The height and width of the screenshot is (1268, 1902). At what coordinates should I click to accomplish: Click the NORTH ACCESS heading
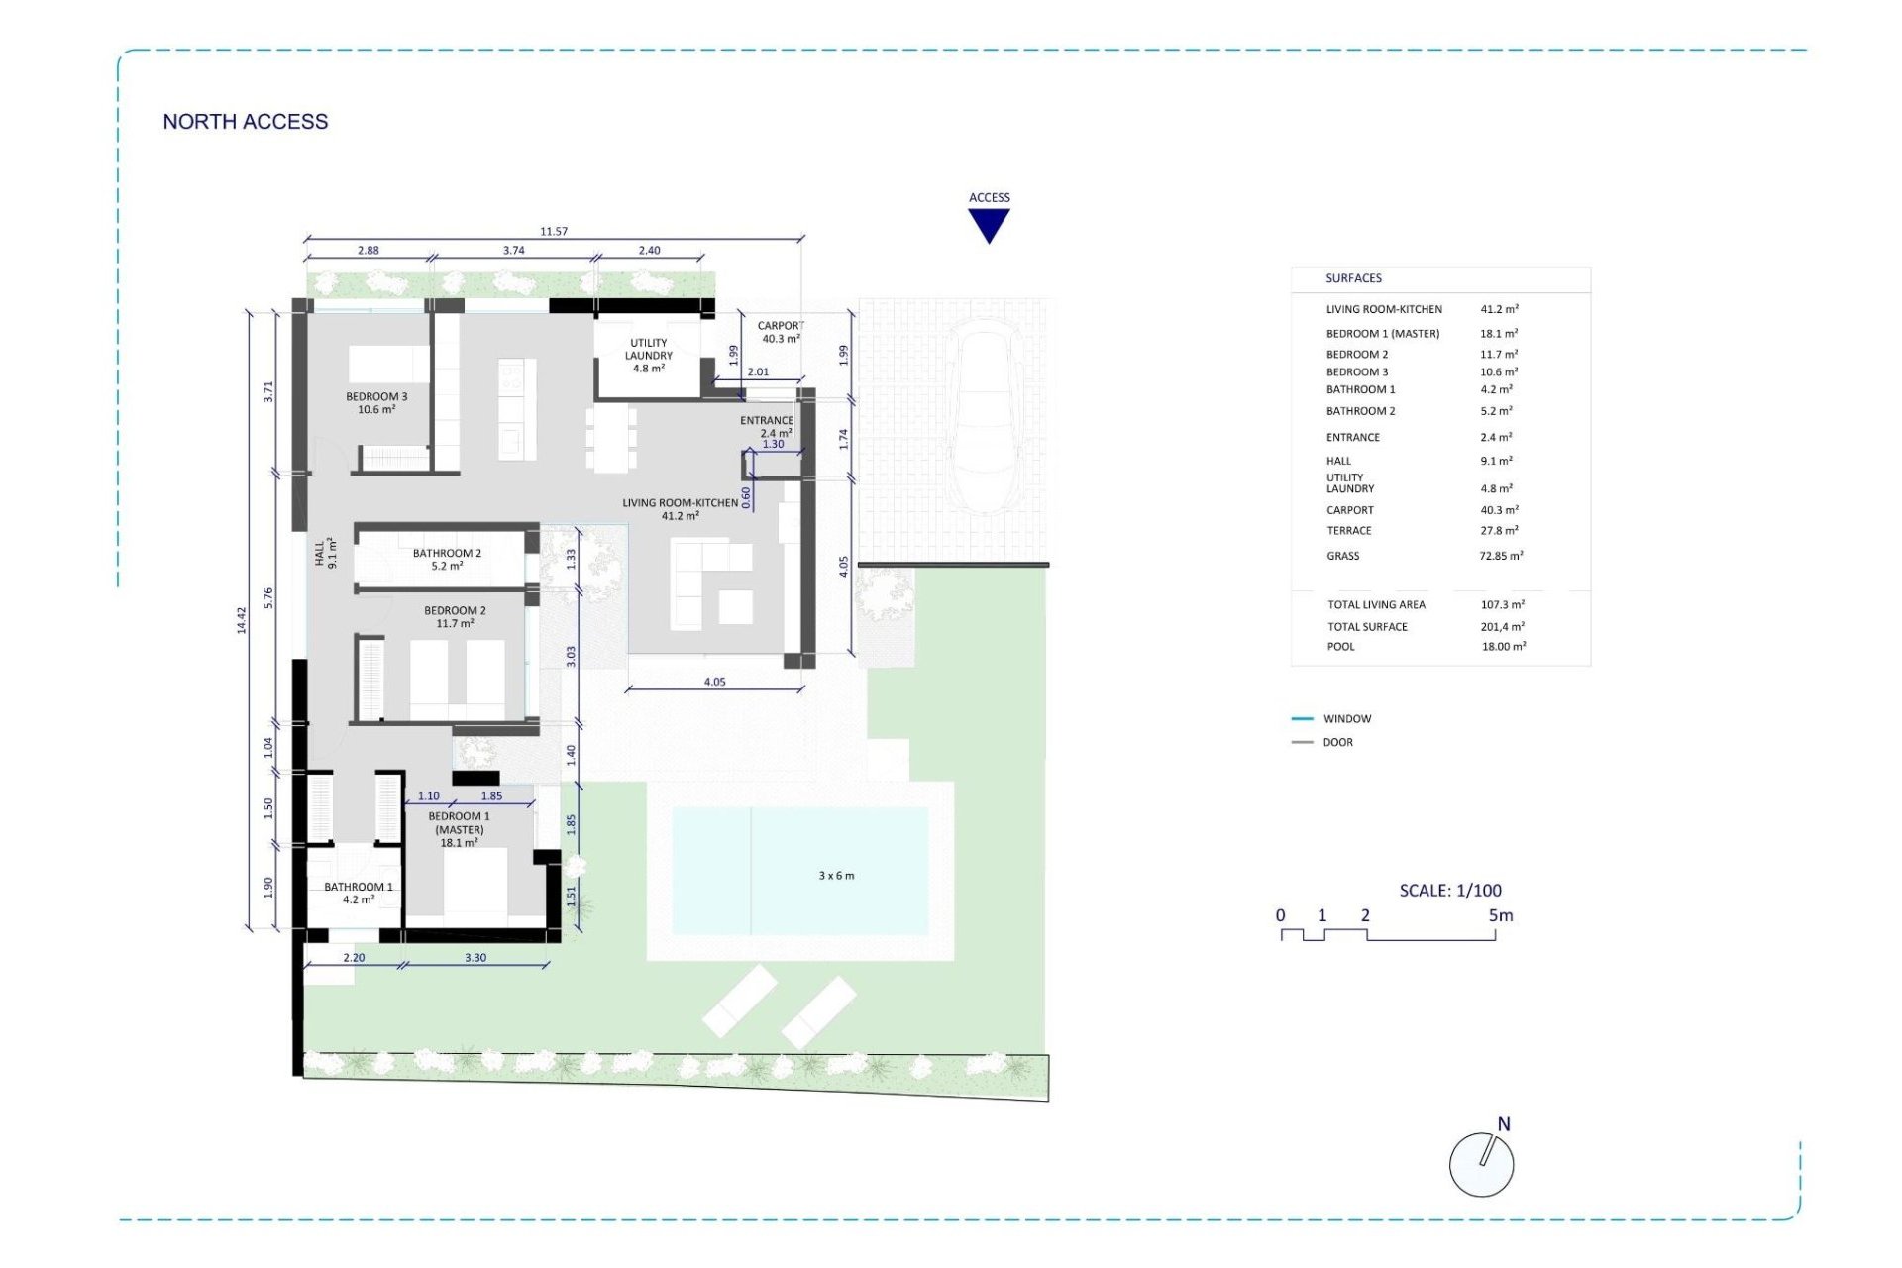click(x=245, y=122)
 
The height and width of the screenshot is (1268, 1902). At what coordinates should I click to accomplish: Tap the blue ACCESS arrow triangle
click(x=989, y=225)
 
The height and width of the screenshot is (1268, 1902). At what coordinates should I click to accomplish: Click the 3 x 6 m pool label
click(x=836, y=876)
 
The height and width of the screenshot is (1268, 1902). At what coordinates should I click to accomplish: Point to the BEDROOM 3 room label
click(x=376, y=403)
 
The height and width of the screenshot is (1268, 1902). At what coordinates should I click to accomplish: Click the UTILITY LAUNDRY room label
click(x=649, y=356)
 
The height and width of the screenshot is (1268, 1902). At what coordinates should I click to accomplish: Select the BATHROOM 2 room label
click(x=447, y=560)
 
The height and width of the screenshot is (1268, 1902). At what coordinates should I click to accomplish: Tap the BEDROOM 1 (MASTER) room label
click(x=459, y=829)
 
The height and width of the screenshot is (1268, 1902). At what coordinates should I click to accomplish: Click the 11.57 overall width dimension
click(x=554, y=232)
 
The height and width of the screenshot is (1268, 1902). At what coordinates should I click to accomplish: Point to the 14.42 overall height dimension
click(x=241, y=620)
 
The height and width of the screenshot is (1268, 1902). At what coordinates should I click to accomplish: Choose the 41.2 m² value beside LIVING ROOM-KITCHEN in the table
click(x=1499, y=309)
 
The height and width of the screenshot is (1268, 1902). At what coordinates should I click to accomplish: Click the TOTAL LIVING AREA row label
click(x=1376, y=605)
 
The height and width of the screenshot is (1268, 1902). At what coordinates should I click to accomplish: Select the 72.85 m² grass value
click(x=1501, y=557)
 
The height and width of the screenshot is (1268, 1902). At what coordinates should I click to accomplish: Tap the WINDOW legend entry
click(x=1346, y=719)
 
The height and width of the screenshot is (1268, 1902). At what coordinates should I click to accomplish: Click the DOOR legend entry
click(x=1337, y=742)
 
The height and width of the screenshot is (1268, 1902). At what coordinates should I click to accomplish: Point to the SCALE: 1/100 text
click(x=1450, y=891)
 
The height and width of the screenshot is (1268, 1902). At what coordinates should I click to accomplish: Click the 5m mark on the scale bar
click(x=1500, y=916)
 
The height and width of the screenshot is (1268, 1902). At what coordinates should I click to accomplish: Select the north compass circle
click(x=1481, y=1165)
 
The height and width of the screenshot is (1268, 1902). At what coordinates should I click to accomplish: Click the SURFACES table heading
click(x=1353, y=279)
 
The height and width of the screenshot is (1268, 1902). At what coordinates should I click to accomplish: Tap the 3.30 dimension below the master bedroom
click(x=475, y=958)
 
